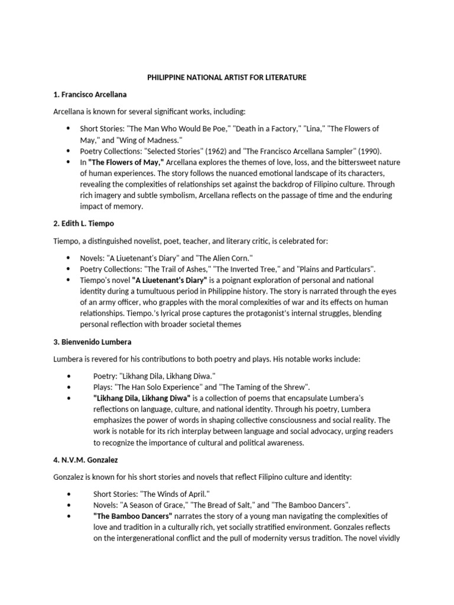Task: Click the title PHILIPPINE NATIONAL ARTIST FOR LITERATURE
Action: (226, 77)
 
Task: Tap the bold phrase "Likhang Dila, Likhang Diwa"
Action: (141, 398)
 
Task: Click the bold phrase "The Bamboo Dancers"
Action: (132, 515)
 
